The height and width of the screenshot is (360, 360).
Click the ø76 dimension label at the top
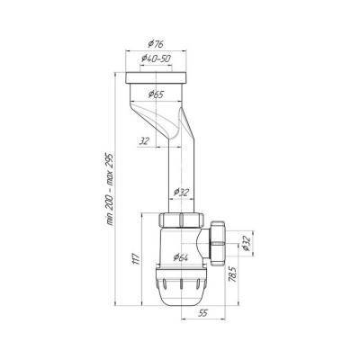[x=156, y=44]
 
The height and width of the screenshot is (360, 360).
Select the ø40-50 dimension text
[x=156, y=58]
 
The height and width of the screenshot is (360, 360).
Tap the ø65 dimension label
[x=157, y=94]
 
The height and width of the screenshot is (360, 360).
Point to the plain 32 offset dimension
[x=144, y=141]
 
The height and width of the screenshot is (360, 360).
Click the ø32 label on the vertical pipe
[x=182, y=192]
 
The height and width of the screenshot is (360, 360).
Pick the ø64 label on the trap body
[x=180, y=256]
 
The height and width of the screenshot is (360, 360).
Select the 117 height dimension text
[x=136, y=258]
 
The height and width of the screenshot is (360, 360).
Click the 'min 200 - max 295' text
[x=110, y=189]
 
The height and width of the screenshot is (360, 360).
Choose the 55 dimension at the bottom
[x=202, y=313]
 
